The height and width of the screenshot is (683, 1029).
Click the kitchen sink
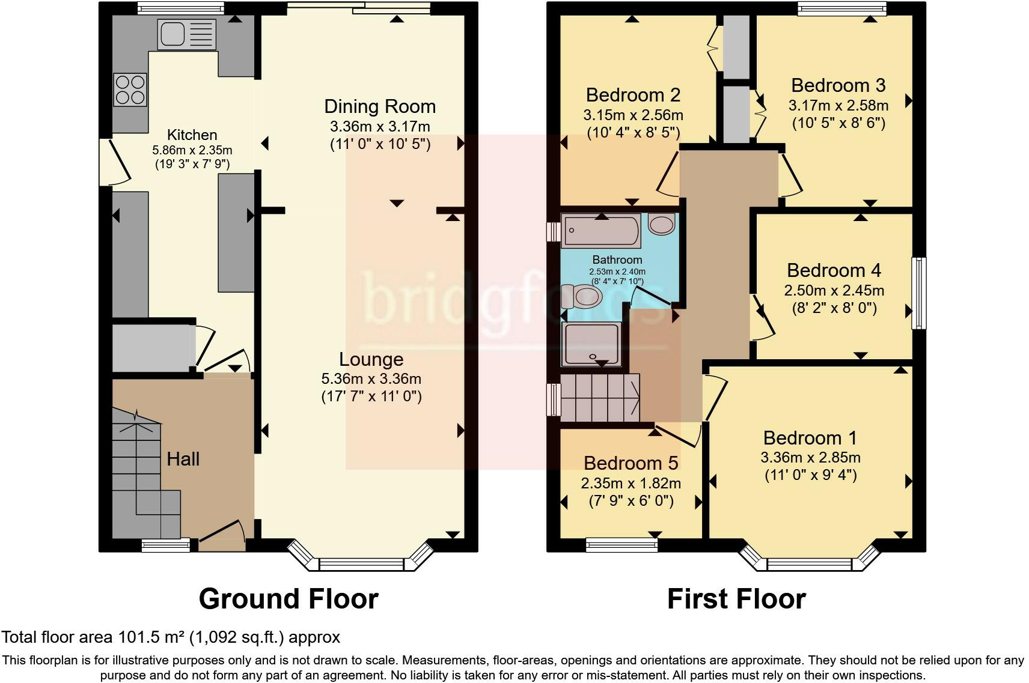point(186,34)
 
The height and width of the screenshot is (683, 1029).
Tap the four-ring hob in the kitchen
point(130,90)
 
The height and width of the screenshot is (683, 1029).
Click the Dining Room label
point(380,106)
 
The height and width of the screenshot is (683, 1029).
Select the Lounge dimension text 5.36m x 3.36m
point(371,378)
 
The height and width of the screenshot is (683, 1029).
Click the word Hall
point(183,459)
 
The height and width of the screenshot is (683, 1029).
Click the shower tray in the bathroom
point(591,344)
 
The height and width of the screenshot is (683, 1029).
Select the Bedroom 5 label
point(631,463)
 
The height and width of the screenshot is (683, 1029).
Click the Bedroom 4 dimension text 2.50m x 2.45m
point(834,291)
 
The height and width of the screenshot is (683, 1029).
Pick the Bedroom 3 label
point(838,85)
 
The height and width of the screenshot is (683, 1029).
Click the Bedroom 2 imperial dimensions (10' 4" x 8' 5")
point(634,133)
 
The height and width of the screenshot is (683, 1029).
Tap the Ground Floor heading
point(289,599)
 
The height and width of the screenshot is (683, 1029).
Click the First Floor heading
point(736,599)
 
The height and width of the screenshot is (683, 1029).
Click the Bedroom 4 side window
point(919,293)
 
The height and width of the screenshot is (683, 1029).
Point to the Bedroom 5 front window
point(622,545)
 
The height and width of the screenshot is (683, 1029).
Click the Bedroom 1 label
point(810,438)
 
